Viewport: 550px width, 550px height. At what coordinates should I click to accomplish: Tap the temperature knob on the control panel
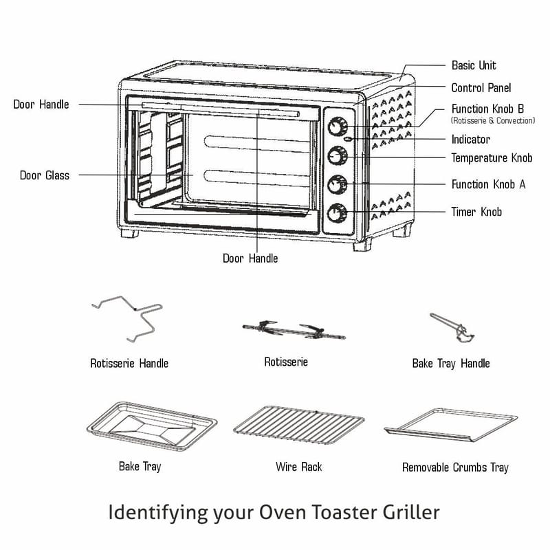point(337,156)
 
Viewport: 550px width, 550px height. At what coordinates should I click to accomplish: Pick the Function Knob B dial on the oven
point(337,127)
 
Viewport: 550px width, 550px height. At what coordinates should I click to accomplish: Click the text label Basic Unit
point(473,65)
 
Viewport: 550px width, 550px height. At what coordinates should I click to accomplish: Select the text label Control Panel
point(481,88)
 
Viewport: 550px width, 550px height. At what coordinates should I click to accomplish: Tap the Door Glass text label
point(44,175)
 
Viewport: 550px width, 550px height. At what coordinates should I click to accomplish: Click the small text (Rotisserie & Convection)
point(492,120)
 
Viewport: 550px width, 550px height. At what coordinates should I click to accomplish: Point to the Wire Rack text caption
point(298,467)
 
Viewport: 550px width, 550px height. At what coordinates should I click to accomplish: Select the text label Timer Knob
point(476,212)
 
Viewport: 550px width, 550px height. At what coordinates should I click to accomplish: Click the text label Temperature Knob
point(492,158)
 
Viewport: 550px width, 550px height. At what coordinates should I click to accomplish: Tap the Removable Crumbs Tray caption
point(455,467)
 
